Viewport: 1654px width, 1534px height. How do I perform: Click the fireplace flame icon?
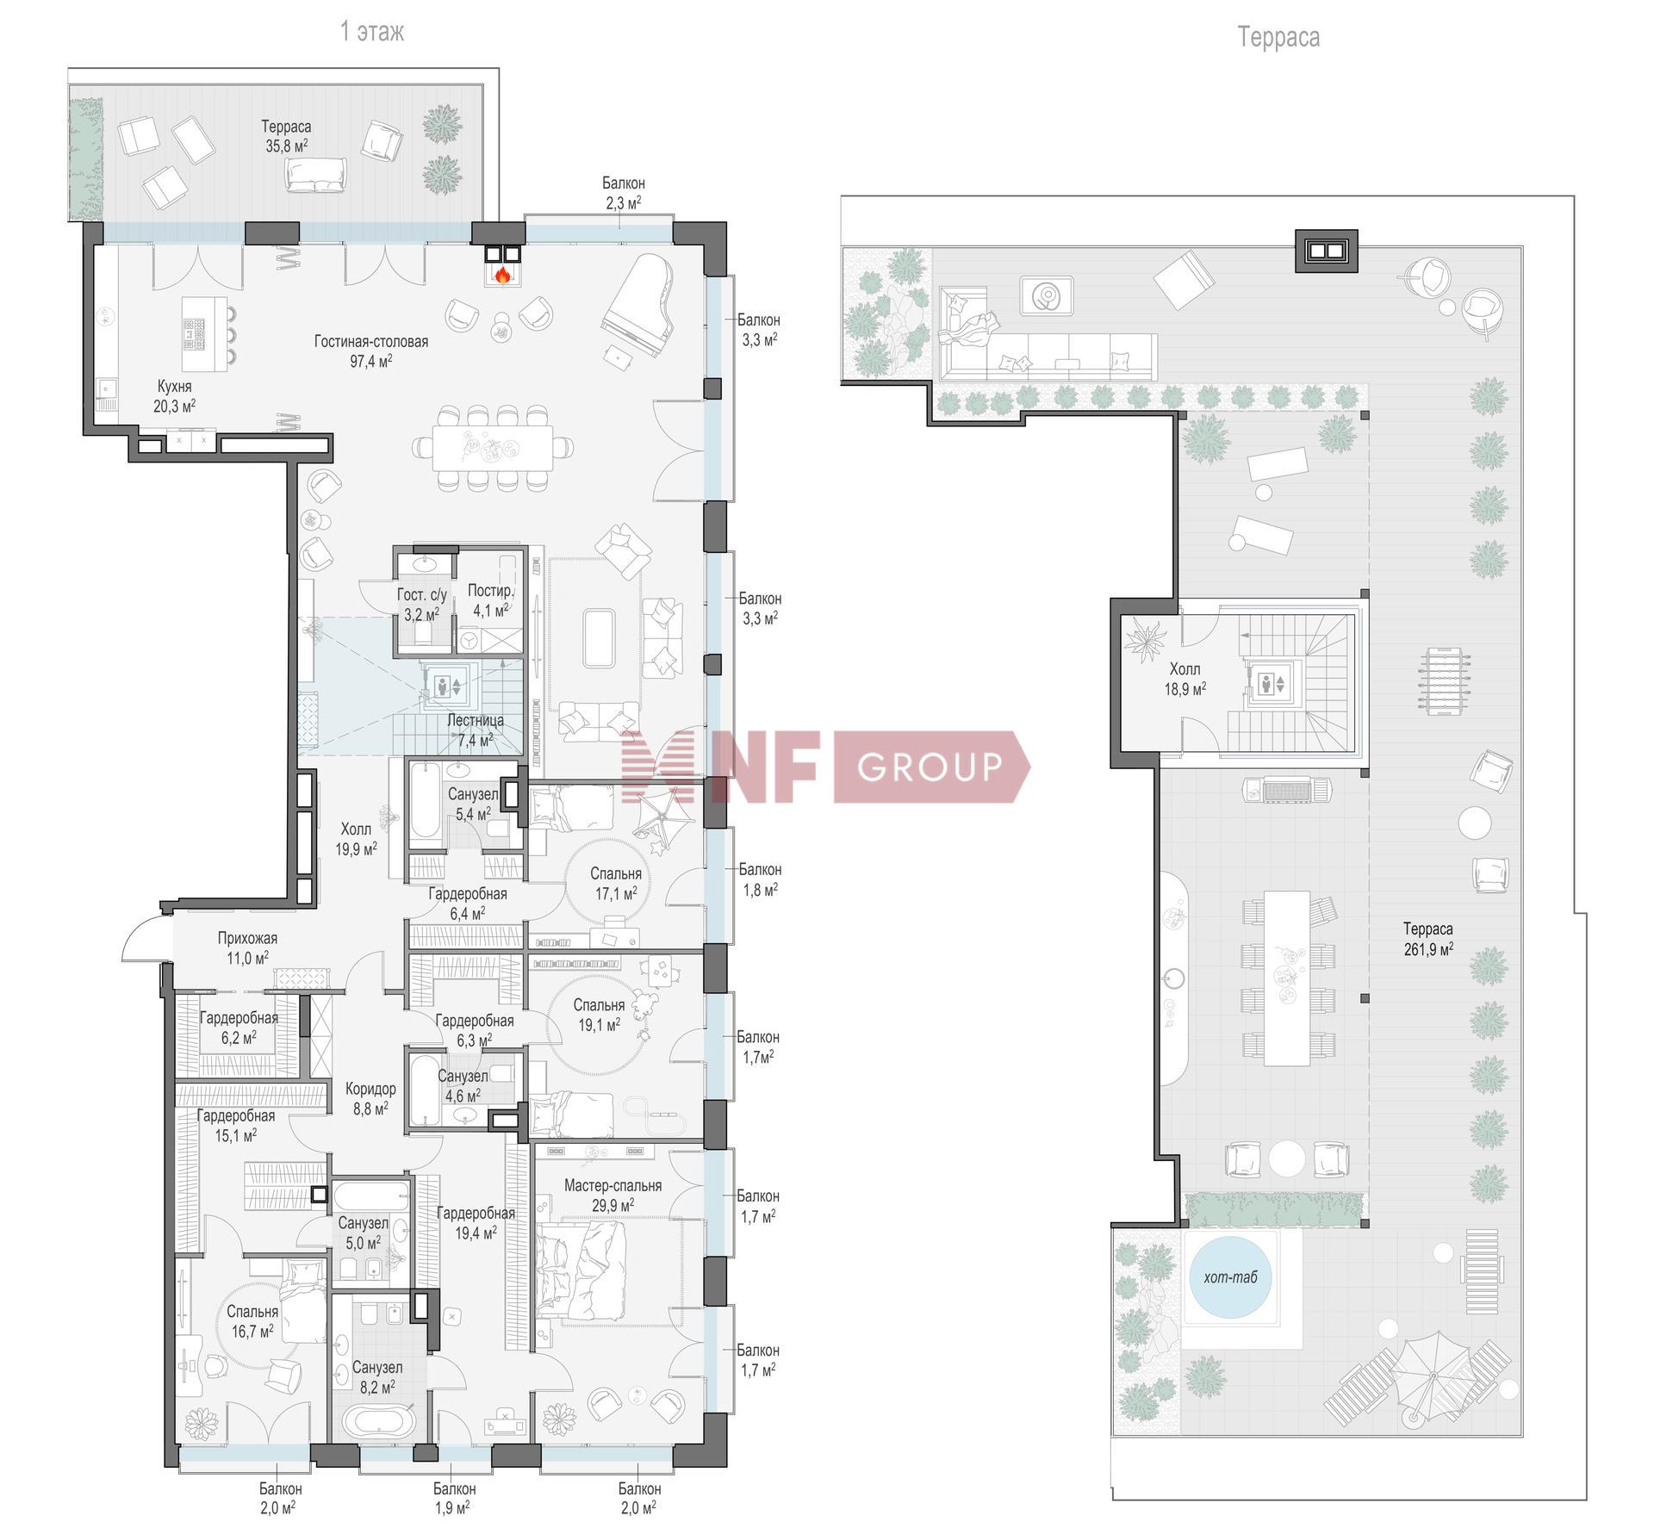coord(502,276)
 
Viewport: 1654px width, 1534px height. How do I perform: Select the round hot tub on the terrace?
coord(1230,1276)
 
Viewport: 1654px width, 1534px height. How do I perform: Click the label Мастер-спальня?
coord(612,1185)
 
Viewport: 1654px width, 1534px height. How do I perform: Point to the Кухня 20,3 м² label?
coord(174,396)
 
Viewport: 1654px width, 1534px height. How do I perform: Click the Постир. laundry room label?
coord(490,590)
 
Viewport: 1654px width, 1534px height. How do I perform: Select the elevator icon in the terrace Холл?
coord(1272,684)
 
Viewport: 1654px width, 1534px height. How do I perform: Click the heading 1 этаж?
coord(372,32)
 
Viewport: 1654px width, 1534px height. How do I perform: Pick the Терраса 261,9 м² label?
coord(1427,939)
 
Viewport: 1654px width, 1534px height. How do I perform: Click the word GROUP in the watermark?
coord(930,766)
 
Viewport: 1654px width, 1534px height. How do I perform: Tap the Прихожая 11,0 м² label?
coord(247,947)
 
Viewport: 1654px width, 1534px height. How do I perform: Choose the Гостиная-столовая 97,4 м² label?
coord(370,351)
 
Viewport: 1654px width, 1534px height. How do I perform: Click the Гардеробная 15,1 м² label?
coord(236,1125)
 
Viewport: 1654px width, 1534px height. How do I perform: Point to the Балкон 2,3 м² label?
coord(623,193)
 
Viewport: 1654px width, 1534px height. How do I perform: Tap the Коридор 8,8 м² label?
coord(370,1098)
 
